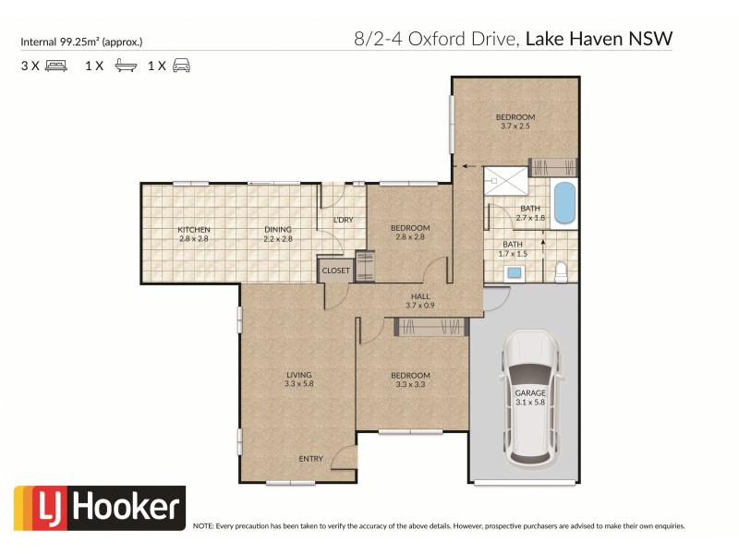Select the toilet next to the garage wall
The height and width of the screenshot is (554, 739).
pyautogui.click(x=560, y=271)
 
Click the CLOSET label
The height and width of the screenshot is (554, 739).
pyautogui.click(x=335, y=271)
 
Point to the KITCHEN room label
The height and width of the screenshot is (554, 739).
pyautogui.click(x=194, y=230)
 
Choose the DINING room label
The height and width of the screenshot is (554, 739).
pyautogui.click(x=278, y=230)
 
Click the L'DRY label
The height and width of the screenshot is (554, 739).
pyautogui.click(x=344, y=220)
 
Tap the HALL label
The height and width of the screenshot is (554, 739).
pyautogui.click(x=419, y=295)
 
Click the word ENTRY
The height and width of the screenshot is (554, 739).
pyautogui.click(x=310, y=459)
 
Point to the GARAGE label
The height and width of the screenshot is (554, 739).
pyautogui.click(x=530, y=392)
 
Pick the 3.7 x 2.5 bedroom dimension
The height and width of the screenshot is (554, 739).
pyautogui.click(x=515, y=126)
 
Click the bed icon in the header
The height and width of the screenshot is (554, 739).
pyautogui.click(x=55, y=66)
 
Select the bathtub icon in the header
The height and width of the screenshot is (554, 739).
pyautogui.click(x=124, y=66)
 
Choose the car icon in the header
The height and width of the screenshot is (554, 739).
pyautogui.click(x=182, y=66)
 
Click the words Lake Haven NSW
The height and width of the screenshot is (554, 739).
pyautogui.click(x=599, y=39)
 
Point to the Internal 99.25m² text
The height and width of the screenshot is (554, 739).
pyautogui.click(x=81, y=42)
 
